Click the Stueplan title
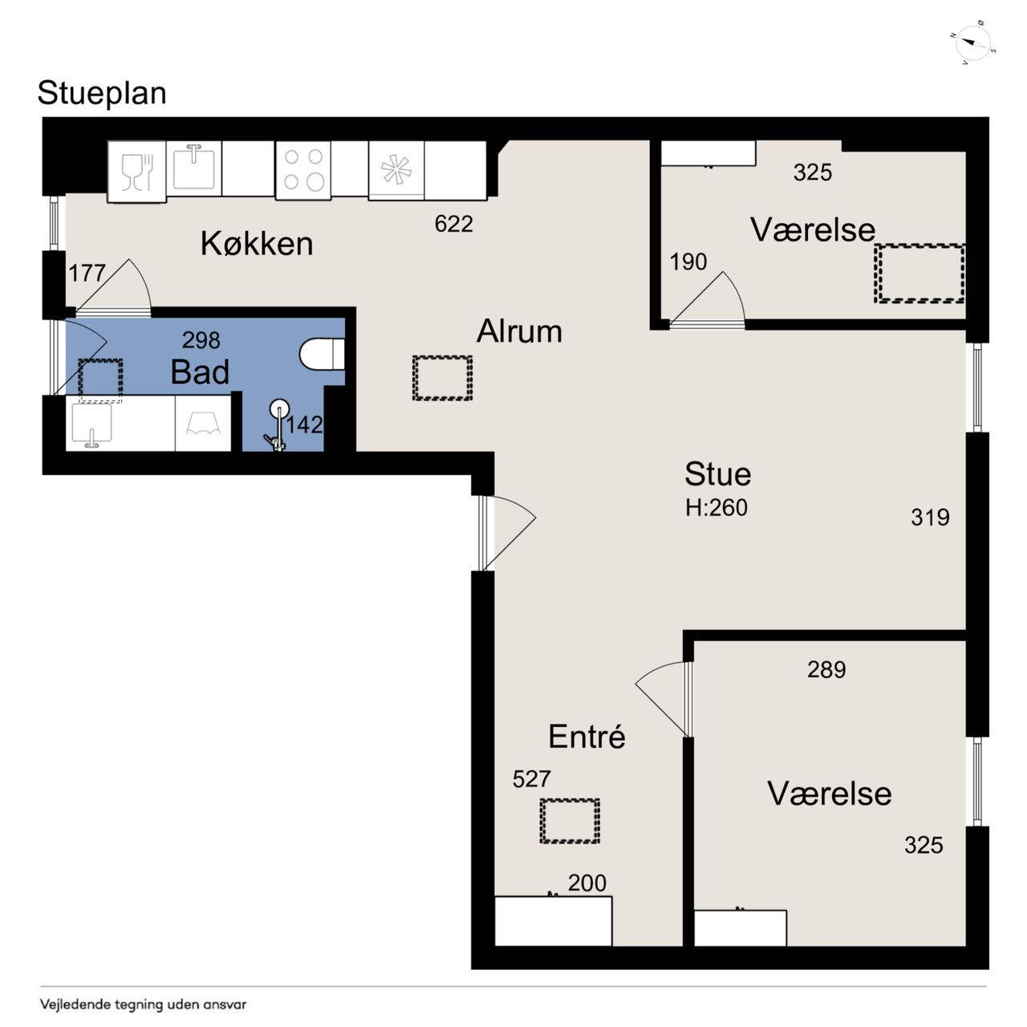102,94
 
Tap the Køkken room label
257,244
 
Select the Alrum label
519,331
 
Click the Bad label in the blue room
200,371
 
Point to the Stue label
717,474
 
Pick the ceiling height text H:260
716,507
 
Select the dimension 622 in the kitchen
453,224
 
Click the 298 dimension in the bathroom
201,340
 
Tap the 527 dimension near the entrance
531,779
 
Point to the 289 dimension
826,670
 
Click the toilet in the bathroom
322,354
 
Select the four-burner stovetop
303,171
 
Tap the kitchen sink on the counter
194,168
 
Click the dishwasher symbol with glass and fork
137,172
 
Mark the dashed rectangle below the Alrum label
442,378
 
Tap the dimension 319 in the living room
930,518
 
